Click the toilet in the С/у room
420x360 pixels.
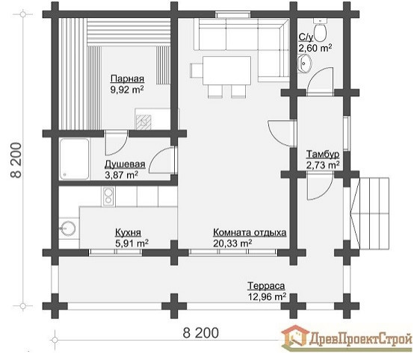[x=320, y=30]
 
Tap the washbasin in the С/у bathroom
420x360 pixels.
[x=303, y=63]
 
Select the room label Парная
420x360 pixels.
[x=127, y=78]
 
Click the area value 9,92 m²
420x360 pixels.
[x=127, y=90]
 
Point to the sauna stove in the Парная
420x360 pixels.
[x=143, y=122]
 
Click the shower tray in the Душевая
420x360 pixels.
[x=74, y=159]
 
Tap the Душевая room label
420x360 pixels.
[x=125, y=164]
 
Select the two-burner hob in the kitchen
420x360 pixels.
[x=108, y=196]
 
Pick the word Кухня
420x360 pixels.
[x=128, y=232]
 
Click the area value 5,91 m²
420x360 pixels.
[x=131, y=243]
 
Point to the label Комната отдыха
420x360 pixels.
[x=250, y=232]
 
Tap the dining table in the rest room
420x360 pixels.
[x=226, y=70]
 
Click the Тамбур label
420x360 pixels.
[x=323, y=154]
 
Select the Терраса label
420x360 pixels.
[x=266, y=286]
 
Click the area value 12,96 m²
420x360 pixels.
[x=267, y=297]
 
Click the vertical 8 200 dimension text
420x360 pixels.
[x=16, y=160]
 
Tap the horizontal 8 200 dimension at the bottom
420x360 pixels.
[x=200, y=333]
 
